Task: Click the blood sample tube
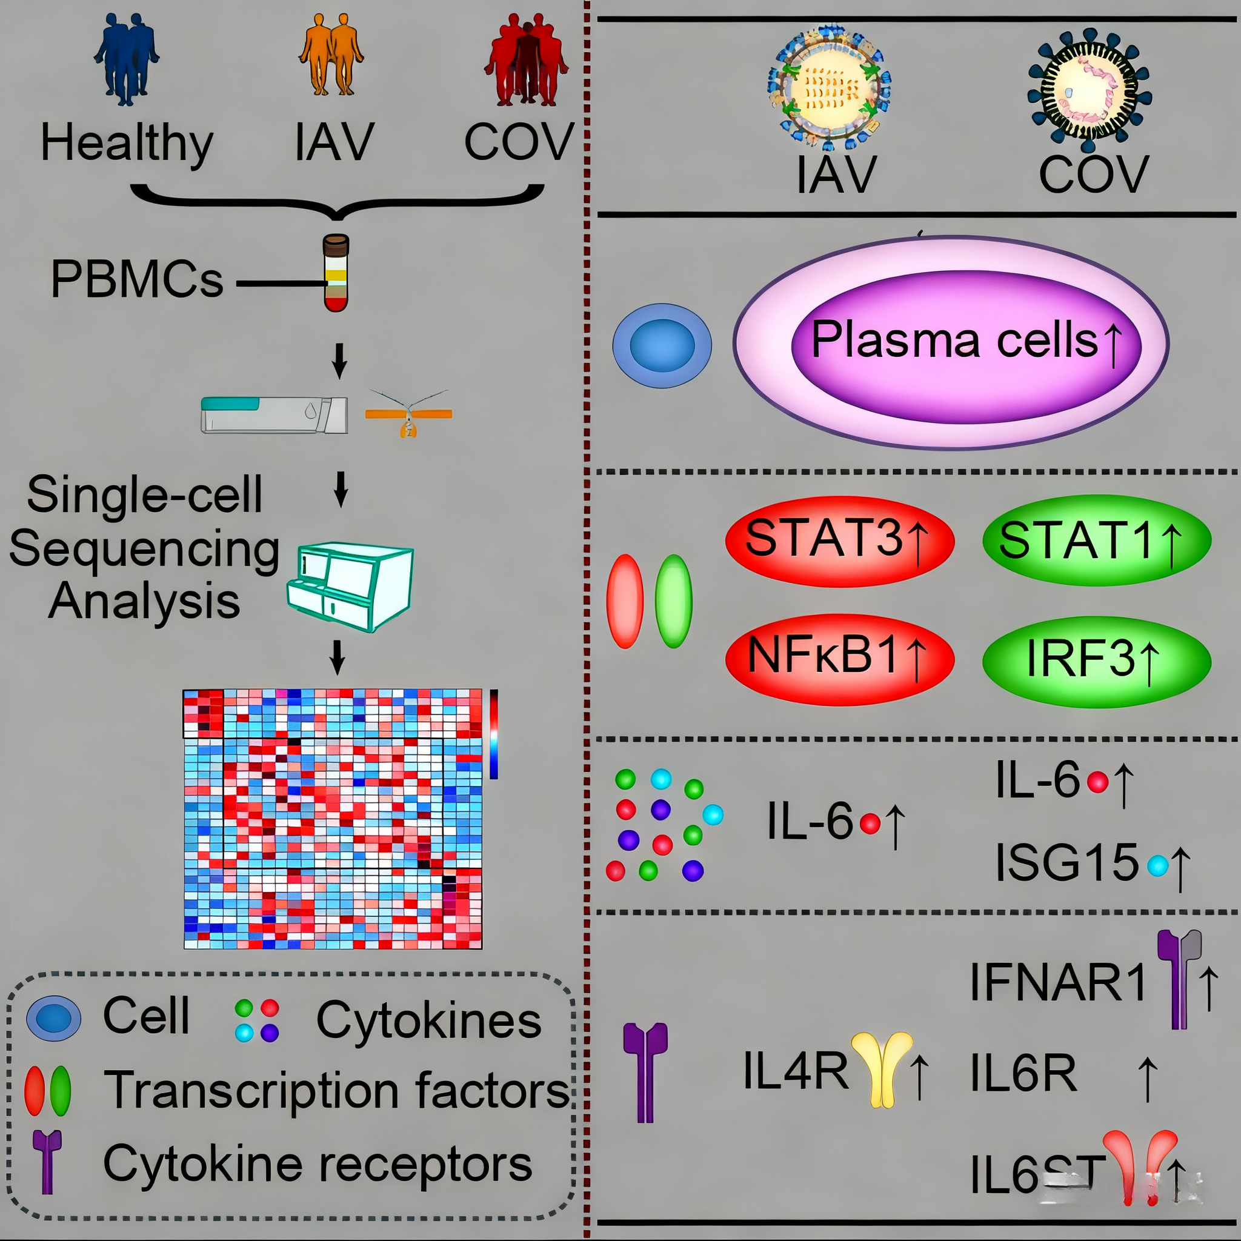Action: (336, 273)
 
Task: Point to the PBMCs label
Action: (137, 279)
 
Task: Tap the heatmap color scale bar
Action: (493, 734)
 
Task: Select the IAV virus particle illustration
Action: (828, 87)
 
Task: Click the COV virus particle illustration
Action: (1089, 87)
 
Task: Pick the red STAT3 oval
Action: (839, 541)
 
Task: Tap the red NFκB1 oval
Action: (839, 660)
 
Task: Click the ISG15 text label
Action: (1066, 863)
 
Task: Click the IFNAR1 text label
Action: (1057, 982)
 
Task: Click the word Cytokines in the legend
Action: (428, 1020)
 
